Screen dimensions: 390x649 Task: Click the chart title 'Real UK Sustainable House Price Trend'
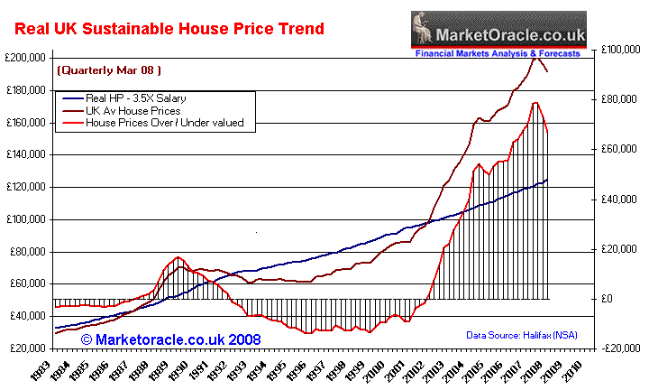pos(169,29)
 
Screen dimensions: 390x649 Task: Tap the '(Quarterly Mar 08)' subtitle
pos(103,70)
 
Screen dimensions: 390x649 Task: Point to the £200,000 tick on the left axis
pos(26,58)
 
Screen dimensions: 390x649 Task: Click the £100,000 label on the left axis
pos(26,219)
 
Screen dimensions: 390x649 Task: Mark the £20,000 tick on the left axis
pos(28,348)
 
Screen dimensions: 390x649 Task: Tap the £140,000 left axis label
pos(26,155)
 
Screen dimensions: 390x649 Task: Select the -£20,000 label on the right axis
pos(622,348)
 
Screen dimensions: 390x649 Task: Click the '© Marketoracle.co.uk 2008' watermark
pos(171,339)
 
